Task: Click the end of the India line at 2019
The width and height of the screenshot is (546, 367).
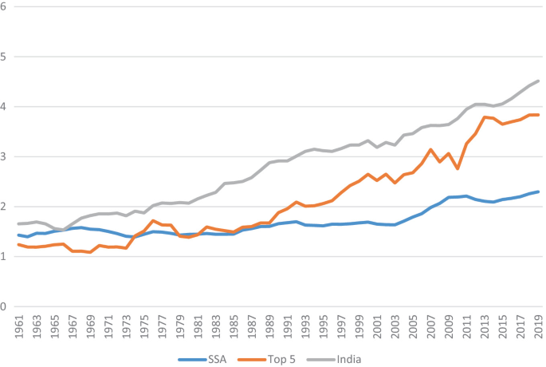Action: click(x=539, y=81)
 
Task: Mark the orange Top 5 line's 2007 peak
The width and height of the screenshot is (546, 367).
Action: click(x=431, y=149)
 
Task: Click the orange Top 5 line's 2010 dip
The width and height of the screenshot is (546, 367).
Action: click(x=458, y=168)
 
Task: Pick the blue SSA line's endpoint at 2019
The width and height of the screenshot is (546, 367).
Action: click(x=539, y=191)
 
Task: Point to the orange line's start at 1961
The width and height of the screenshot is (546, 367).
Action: click(x=18, y=244)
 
